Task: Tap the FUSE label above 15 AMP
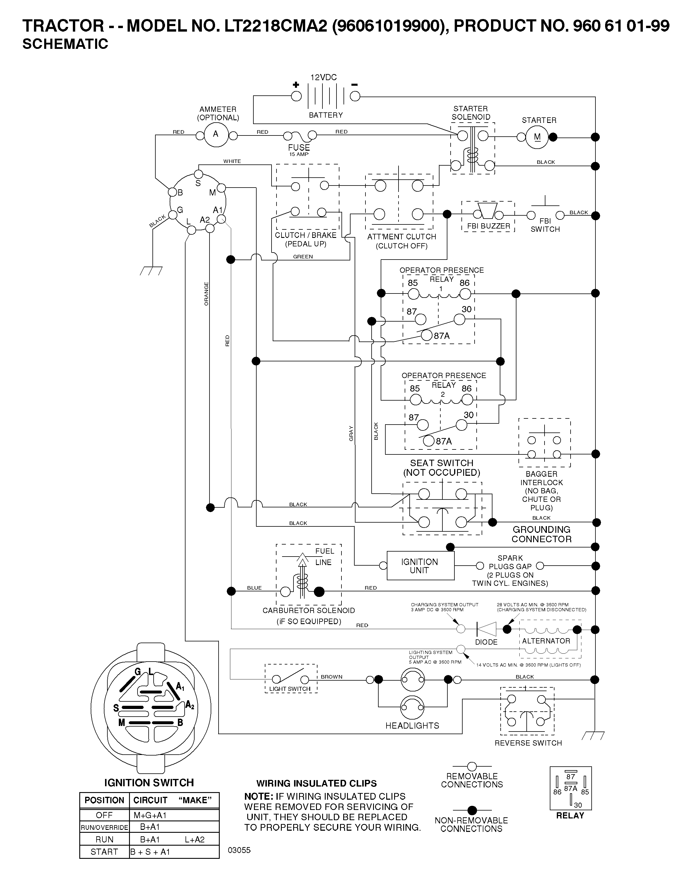click(x=299, y=147)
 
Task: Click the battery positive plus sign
click(x=296, y=85)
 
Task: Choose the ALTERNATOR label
click(x=546, y=641)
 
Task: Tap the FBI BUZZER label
click(x=488, y=226)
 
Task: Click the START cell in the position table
click(x=104, y=852)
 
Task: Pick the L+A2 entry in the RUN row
click(x=195, y=839)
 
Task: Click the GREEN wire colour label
click(x=303, y=257)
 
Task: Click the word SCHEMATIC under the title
click(x=65, y=44)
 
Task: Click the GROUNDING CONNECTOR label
click(x=541, y=534)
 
